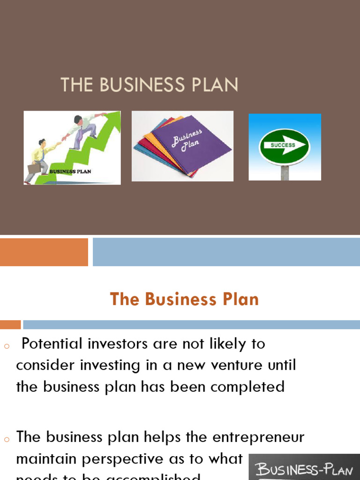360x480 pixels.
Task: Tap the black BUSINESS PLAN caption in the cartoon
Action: pyautogui.click(x=70, y=172)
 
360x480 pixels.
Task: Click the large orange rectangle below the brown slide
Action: pyautogui.click(x=44, y=252)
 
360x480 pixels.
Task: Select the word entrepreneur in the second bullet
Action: pyautogui.click(x=258, y=437)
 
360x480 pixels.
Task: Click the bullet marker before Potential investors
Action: pyautogui.click(x=6, y=346)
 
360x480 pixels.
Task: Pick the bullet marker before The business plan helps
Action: pyautogui.click(x=6, y=440)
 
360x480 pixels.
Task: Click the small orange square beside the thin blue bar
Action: pyautogui.click(x=10, y=324)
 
